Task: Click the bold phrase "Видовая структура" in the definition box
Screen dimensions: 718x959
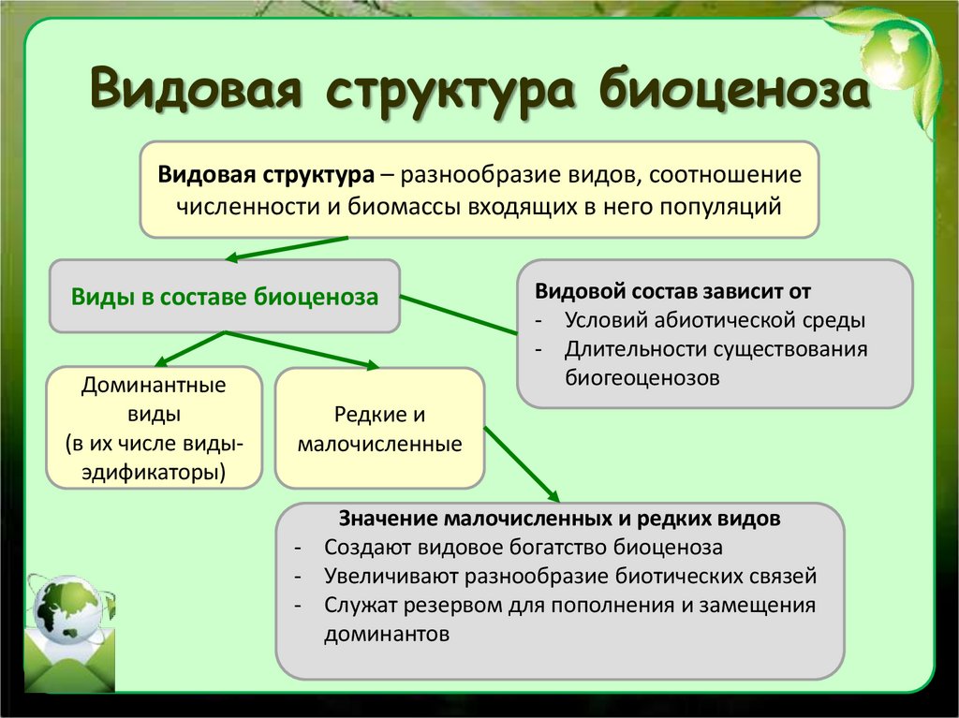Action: point(266,175)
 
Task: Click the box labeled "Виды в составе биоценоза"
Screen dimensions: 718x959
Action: point(225,298)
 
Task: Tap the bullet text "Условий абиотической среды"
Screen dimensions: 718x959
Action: point(715,319)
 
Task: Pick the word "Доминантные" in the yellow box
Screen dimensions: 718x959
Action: point(155,384)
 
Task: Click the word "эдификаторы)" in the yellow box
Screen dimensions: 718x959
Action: point(155,470)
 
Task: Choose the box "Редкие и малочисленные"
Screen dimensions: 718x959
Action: point(379,428)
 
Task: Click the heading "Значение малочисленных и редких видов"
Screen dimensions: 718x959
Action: point(560,519)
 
